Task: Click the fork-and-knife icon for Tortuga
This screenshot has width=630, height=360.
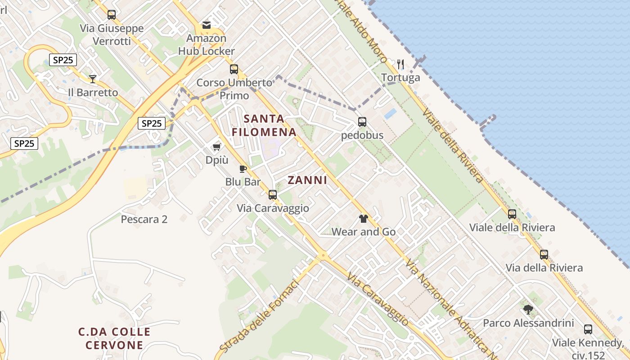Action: coord(400,64)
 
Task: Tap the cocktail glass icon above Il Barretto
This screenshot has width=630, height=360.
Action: coord(93,79)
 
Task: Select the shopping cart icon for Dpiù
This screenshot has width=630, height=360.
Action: coord(217,147)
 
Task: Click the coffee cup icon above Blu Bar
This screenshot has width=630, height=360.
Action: coord(243,169)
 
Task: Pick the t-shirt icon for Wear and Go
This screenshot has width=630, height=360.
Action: coord(364,219)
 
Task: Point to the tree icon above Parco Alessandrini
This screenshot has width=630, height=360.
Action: coord(528,310)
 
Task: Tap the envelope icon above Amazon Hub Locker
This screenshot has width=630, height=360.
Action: coord(207,25)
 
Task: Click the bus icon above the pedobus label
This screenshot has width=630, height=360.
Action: coord(362,122)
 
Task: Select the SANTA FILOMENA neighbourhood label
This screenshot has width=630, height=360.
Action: coord(264,126)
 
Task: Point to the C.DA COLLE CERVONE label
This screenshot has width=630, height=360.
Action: coord(114,339)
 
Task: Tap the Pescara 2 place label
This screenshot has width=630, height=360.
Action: coord(144,220)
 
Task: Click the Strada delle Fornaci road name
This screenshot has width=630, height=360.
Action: coord(259,316)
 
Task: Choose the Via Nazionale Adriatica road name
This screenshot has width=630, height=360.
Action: coord(445,306)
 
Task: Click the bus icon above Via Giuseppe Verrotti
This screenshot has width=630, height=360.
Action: coord(112,15)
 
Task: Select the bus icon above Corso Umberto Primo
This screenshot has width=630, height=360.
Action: coord(234,69)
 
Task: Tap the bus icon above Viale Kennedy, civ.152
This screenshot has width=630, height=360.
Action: coord(588,329)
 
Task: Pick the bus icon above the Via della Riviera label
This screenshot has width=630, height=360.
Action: coord(544,255)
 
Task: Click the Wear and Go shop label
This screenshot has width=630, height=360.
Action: coord(364,232)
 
